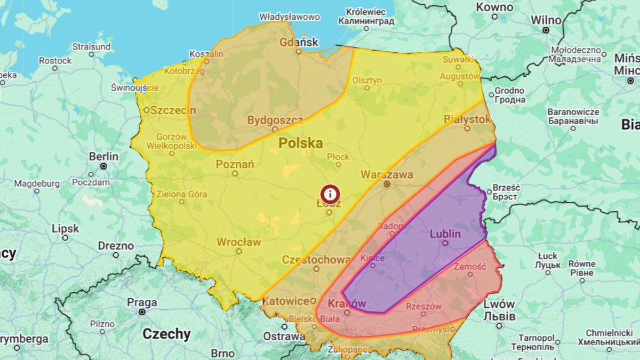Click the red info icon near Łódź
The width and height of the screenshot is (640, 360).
coord(330,194)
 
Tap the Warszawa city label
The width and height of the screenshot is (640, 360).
coord(387,174)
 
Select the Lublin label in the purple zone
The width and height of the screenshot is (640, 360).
coord(445,234)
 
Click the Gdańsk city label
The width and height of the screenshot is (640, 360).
coord(299,42)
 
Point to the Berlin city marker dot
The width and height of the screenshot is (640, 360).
coord(103,166)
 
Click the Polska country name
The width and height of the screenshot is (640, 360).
coord(301,143)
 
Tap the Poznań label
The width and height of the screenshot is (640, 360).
coord(235,164)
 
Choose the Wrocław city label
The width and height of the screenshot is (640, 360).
coord(238,242)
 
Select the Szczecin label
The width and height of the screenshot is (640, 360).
coord(173,110)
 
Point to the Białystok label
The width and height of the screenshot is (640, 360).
coord(467,119)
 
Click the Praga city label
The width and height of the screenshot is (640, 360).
coord(142,302)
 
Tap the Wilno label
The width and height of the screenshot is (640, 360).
coord(546,20)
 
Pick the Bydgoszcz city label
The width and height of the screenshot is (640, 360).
coord(275,120)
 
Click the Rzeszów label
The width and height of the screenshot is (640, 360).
coord(423,306)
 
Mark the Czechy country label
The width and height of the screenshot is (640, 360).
coord(166,334)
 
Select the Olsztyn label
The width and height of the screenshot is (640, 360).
coord(367,80)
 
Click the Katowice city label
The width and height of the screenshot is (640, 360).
coord(286,301)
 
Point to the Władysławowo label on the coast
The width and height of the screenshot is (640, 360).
coord(290,17)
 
